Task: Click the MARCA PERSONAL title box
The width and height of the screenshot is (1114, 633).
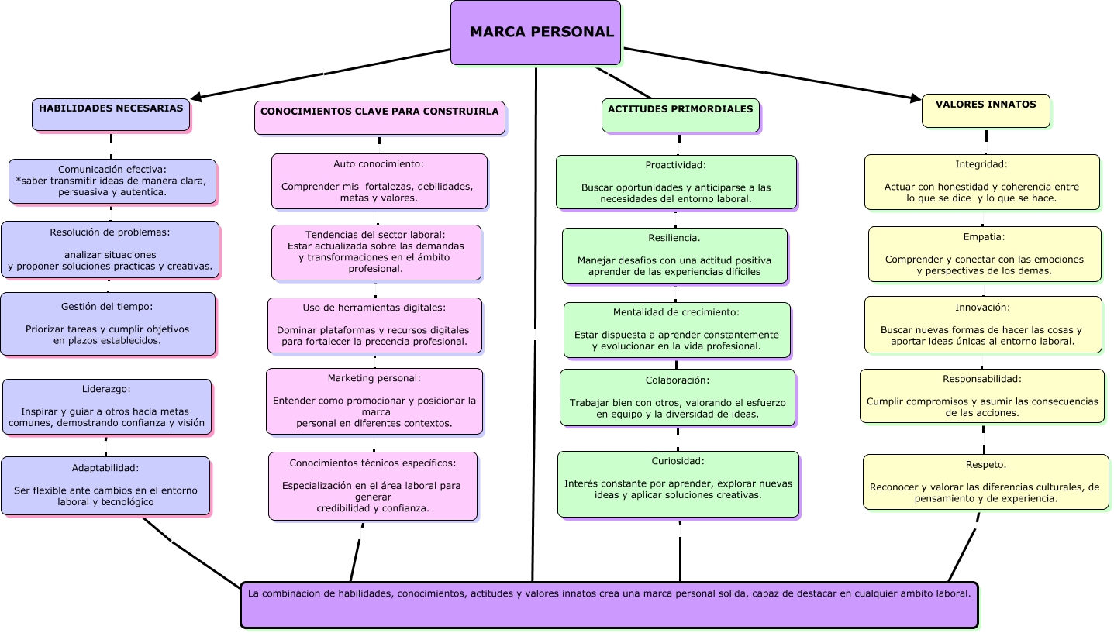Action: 536,33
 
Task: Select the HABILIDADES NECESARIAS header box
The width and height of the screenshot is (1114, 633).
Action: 111,114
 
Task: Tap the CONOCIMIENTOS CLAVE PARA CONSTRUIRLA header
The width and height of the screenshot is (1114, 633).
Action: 380,117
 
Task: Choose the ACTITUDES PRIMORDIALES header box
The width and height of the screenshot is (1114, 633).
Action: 680,115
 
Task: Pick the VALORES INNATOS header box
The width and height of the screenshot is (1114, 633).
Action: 985,110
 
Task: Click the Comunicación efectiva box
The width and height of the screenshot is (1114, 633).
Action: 112,181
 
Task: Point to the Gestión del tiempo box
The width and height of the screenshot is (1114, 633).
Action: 108,324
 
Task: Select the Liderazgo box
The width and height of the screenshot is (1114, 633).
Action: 107,406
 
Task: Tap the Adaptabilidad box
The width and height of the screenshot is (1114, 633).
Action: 105,486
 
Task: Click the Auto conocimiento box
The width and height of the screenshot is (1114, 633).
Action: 379,181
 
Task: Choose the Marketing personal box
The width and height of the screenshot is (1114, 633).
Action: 374,401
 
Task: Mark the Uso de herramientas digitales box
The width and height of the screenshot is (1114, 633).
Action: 374,325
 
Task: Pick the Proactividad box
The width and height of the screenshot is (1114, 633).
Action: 676,182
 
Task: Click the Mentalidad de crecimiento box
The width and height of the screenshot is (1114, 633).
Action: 677,330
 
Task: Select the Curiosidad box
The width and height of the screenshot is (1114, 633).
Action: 678,484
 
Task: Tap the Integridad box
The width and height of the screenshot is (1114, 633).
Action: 981,182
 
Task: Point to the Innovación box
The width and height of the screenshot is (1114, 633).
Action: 983,325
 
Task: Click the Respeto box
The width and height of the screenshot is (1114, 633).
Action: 985,482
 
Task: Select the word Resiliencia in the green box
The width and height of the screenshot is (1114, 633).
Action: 674,238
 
